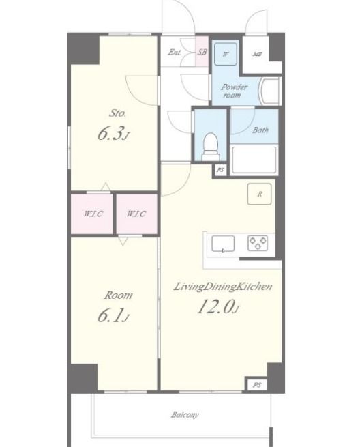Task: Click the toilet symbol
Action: coord(211,147)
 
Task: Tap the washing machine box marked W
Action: coord(226,54)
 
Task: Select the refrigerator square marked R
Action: coord(259,194)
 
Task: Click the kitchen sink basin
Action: coord(223,244)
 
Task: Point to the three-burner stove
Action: coord(258,243)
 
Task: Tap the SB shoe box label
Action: coord(202,52)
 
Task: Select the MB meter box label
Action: coord(257,54)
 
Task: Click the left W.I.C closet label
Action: coord(93,214)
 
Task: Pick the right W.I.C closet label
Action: coord(136,214)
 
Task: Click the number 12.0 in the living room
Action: coord(215,306)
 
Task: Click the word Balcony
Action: coord(185,414)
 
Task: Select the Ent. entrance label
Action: coord(175,52)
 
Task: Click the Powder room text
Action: coord(234,91)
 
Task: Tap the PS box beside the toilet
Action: coord(220,170)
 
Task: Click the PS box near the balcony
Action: coord(257,385)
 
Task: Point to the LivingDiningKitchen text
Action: coord(223,287)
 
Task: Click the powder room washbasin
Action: coord(270,91)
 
